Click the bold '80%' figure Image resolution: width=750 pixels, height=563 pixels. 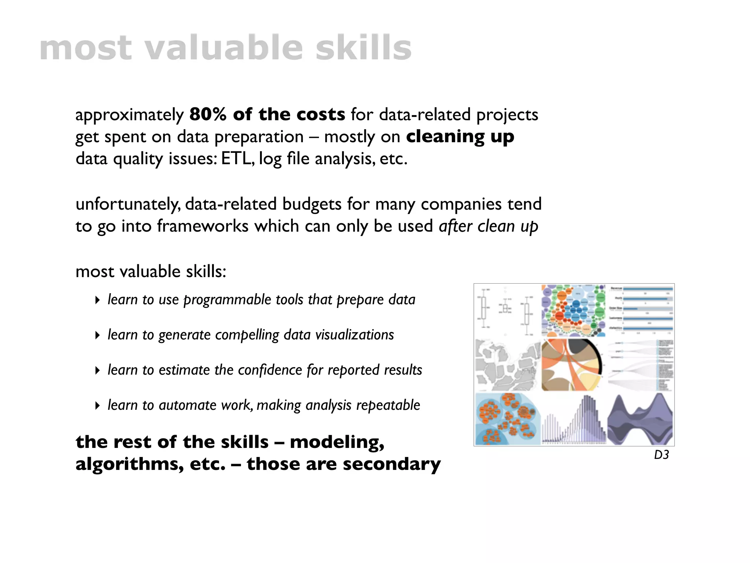pos(208,114)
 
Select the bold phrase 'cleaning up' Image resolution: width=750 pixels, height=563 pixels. pos(460,137)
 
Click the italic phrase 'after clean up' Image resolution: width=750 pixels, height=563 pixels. pos(488,226)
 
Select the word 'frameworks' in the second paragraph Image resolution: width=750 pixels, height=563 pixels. pos(203,226)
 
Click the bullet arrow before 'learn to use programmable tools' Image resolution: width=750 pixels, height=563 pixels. pos(97,300)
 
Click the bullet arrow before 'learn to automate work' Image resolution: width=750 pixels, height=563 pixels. pos(97,406)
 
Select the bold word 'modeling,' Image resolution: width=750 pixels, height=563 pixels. pos(337,442)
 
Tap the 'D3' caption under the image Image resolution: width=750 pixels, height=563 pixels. pos(661,455)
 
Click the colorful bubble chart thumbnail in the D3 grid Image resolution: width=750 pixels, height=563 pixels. pos(573,310)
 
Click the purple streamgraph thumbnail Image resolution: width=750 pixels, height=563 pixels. pos(640,419)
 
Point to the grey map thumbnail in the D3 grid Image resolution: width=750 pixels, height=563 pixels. pos(507,365)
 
